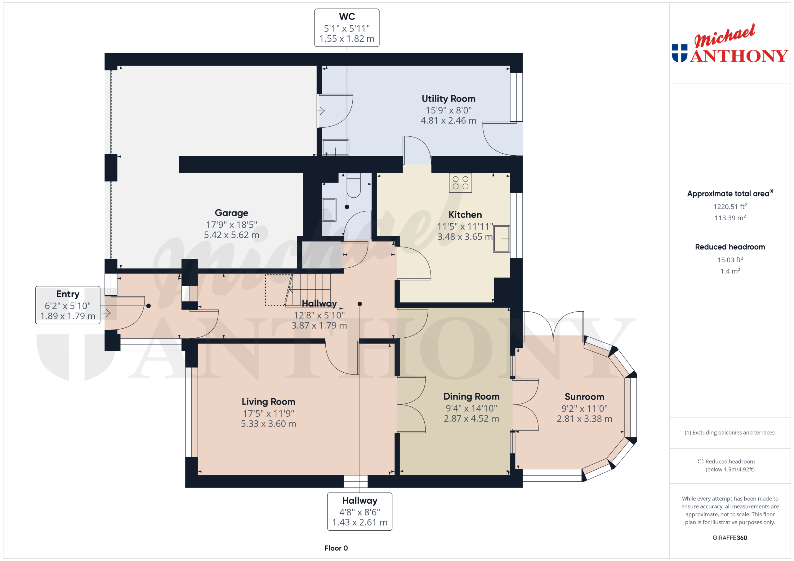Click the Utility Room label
[448, 99]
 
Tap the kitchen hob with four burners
[460, 183]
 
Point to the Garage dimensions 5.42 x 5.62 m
[231, 235]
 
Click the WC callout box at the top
[346, 28]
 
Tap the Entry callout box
[68, 305]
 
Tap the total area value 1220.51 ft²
[730, 207]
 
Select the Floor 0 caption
[336, 548]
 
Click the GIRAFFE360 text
[730, 537]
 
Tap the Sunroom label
[584, 397]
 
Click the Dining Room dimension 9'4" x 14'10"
[471, 408]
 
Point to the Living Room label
[268, 402]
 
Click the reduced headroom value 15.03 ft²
[730, 260]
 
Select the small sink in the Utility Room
[335, 147]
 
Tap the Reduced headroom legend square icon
[700, 462]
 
